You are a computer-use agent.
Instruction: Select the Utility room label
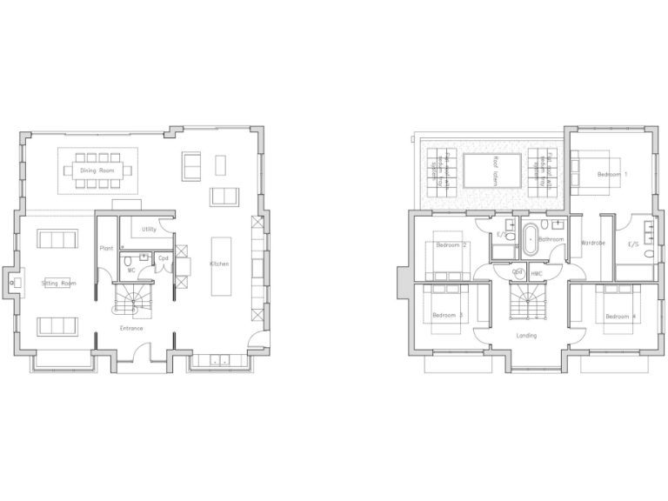pos(149,230)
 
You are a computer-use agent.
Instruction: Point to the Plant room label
pos(107,249)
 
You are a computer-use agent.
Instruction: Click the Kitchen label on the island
pos(219,264)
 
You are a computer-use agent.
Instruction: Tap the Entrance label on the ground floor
pos(132,328)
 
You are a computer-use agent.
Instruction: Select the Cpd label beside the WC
pos(163,258)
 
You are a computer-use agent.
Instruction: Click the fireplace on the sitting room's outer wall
pos(15,282)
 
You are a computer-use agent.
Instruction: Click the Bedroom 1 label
pos(612,175)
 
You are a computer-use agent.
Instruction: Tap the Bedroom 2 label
pos(451,245)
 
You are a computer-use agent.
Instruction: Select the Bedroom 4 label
pos(621,316)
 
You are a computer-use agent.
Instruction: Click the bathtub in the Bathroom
pos(531,239)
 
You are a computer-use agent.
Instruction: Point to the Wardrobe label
pos(593,243)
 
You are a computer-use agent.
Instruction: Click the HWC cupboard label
pos(536,274)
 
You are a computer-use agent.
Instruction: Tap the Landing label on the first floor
pos(525,335)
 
